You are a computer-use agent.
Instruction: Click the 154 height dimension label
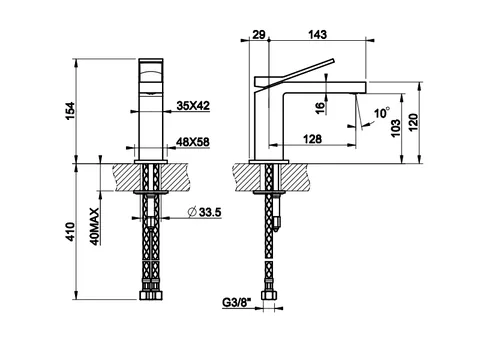point(71,111)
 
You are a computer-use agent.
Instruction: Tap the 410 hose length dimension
point(71,232)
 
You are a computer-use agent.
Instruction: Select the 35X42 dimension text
point(193,106)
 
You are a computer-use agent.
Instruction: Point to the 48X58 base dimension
point(193,142)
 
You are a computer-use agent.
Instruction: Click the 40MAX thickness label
point(95,227)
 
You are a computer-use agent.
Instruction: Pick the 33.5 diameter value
point(210,212)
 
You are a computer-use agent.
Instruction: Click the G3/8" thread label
point(237,302)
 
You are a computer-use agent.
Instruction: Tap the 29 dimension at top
point(259,34)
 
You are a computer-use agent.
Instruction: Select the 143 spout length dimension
point(317,34)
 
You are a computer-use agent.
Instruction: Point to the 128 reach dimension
point(312,139)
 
